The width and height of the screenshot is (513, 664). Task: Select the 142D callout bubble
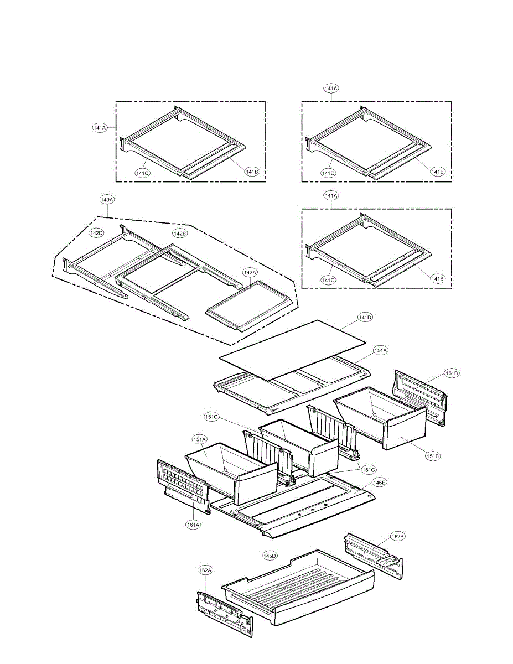(x=96, y=234)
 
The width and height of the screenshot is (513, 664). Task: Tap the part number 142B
(x=180, y=234)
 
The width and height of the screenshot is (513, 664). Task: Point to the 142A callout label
(x=250, y=272)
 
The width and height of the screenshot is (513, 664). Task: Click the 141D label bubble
(x=365, y=318)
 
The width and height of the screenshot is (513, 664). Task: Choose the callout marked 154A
(x=380, y=350)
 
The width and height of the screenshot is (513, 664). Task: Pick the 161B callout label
(x=452, y=373)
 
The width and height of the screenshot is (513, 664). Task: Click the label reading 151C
(x=210, y=416)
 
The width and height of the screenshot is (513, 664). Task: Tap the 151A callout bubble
(x=200, y=440)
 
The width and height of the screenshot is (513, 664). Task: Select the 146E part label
(x=379, y=483)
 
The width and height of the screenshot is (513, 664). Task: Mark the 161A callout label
(x=193, y=525)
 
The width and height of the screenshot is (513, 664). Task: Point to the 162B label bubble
(x=397, y=536)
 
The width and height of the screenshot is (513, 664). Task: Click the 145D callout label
(x=270, y=556)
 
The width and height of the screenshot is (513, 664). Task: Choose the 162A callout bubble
(x=205, y=569)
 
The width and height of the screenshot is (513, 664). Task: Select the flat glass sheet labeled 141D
(x=293, y=349)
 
